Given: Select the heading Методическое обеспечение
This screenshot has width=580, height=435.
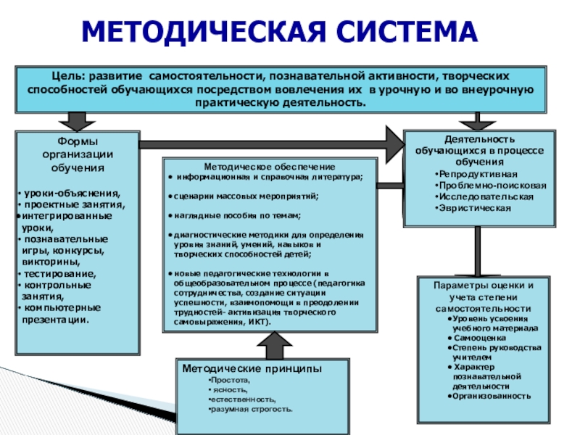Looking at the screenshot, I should (269, 167).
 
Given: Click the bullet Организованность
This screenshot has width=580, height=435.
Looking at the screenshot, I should (492, 396).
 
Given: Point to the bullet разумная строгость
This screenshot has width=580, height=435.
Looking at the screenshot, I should (251, 409).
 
